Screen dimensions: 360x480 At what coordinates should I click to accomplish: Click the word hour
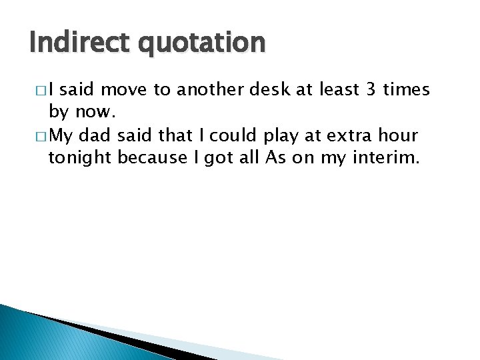(400, 136)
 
